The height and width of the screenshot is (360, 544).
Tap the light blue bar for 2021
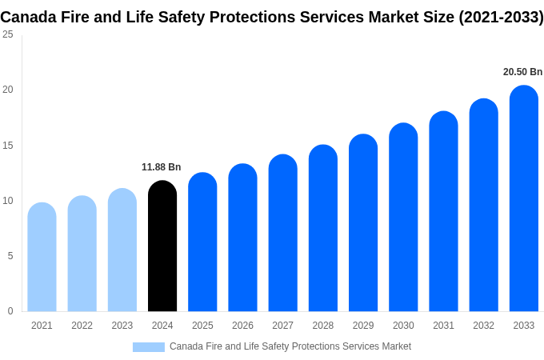42,258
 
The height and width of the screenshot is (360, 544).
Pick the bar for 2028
322,229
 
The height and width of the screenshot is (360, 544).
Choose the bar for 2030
403,218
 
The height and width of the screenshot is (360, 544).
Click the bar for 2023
122,250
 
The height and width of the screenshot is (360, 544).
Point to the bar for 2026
242,238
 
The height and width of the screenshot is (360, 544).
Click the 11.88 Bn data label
162,167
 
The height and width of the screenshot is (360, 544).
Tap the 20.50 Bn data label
522,72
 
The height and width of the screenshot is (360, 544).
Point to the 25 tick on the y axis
8,34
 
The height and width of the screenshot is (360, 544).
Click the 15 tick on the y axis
8,145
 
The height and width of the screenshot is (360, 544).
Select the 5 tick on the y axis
10,256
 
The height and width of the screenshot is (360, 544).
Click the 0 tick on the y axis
10,311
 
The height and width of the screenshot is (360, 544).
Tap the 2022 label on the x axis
82,326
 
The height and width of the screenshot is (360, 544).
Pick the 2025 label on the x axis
202,326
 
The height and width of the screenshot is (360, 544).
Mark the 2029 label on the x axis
363,326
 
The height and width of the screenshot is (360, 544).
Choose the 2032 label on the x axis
483,326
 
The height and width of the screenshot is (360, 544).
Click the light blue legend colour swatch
149,347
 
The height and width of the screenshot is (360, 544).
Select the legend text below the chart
290,346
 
